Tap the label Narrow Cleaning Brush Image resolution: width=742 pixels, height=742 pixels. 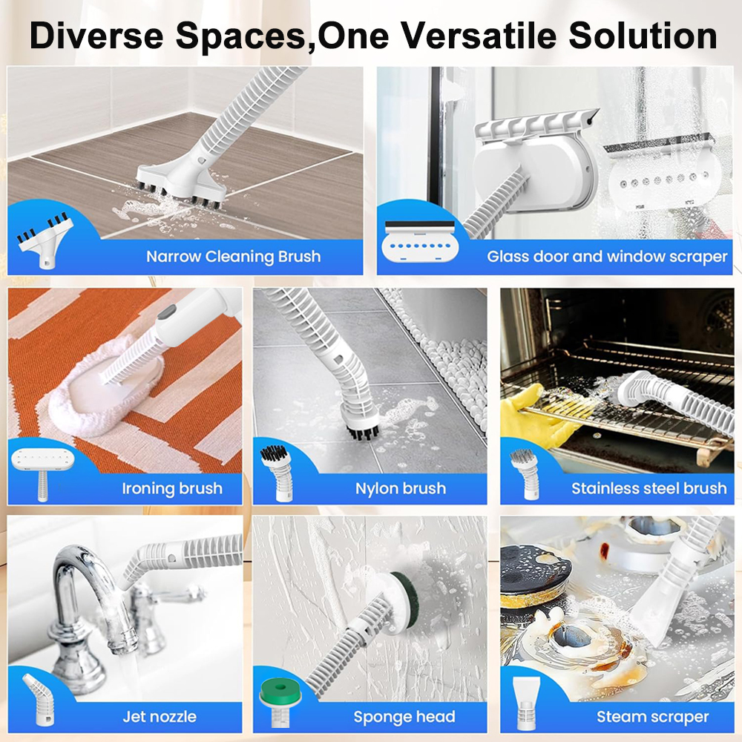point(233,257)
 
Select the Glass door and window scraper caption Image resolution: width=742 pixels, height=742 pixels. point(607,257)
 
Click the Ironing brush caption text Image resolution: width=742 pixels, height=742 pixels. point(172,488)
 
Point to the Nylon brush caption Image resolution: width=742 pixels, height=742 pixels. point(401,488)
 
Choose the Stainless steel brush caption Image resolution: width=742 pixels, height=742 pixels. point(649,488)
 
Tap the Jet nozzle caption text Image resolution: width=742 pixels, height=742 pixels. point(160,717)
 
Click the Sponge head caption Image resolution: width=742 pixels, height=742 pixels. point(404,717)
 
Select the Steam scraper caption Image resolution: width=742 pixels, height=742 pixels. point(652,717)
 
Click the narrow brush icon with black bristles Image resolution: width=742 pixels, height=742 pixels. point(45,241)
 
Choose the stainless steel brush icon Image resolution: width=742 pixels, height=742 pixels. point(525,474)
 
